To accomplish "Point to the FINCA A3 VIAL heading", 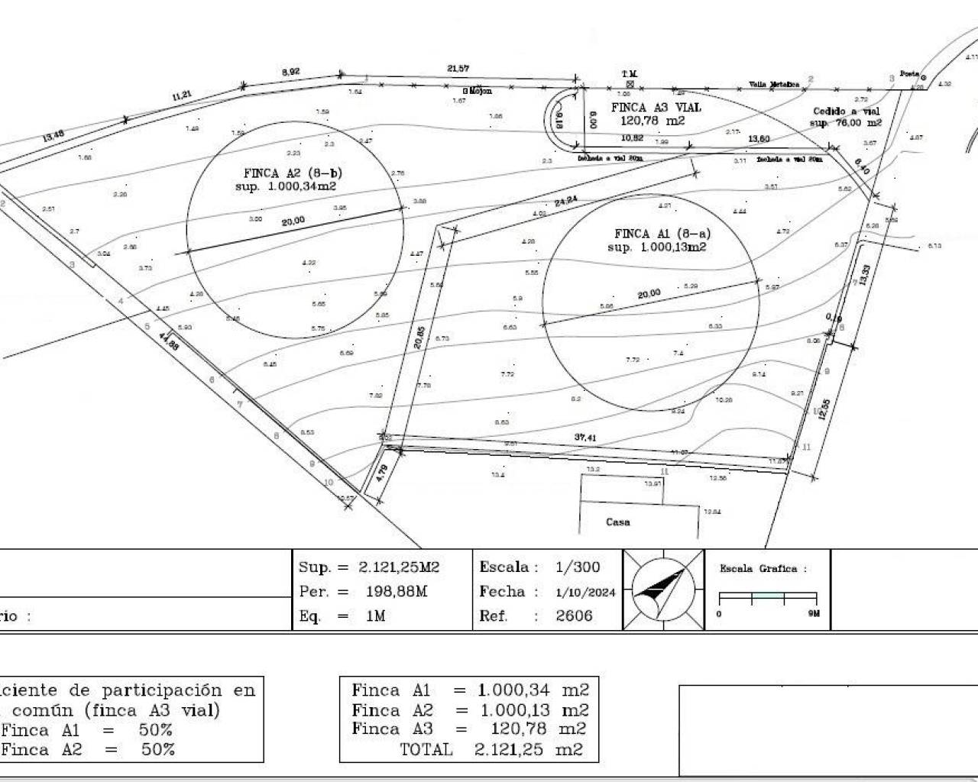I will pyautogui.click(x=656, y=108).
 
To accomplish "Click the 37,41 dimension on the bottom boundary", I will pyautogui.click(x=585, y=438).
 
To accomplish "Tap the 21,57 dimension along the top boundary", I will pyautogui.click(x=458, y=69).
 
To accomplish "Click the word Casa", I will pyautogui.click(x=617, y=522).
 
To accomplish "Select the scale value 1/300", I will pyautogui.click(x=578, y=567).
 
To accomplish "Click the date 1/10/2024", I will pyautogui.click(x=585, y=592).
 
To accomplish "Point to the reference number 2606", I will pyautogui.click(x=574, y=616).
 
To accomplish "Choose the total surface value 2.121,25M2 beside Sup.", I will pyautogui.click(x=399, y=567).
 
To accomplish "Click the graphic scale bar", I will pyautogui.click(x=768, y=598).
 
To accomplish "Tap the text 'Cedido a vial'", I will pyautogui.click(x=846, y=111).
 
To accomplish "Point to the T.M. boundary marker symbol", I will pyautogui.click(x=630, y=82).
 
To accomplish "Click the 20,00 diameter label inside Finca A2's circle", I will pyautogui.click(x=293, y=221).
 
